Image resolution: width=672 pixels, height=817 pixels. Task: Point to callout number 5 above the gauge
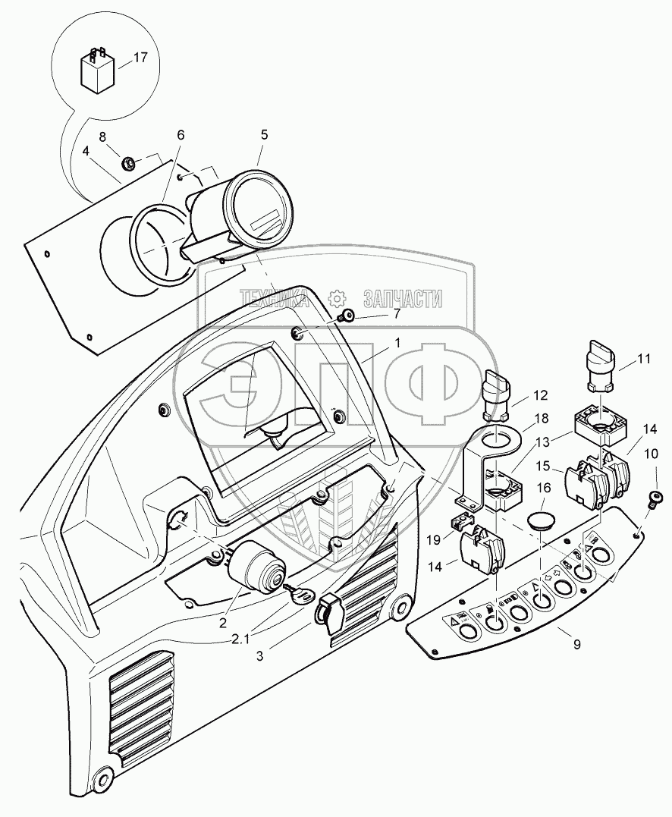pyautogui.click(x=264, y=135)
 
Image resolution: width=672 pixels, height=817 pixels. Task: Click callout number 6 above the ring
pyautogui.click(x=181, y=134)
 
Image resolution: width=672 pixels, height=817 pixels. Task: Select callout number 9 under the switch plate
pyautogui.click(x=576, y=645)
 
